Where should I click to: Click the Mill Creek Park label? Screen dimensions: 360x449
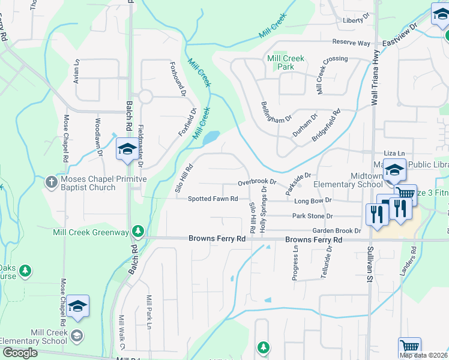[286, 62]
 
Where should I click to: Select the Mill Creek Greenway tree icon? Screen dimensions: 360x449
[138, 231]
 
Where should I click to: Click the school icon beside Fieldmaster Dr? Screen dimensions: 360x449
[127, 149]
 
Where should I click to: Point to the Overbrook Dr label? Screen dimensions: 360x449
[256, 181]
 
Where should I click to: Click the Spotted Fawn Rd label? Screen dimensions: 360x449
[213, 199]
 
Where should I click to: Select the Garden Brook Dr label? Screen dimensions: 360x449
[336, 231]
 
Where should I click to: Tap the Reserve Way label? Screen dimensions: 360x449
[352, 43]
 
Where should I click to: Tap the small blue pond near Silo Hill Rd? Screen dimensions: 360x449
[211, 139]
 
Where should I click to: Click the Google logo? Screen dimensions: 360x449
[20, 353]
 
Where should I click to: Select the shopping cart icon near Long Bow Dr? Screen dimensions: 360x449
[406, 192]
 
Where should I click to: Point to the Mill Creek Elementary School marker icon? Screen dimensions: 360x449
[77, 335]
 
